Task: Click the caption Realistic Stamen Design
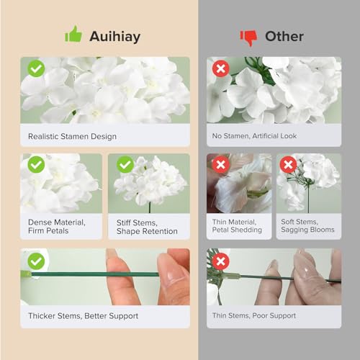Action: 72,135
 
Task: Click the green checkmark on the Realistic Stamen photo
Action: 35,69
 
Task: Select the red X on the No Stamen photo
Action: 220,69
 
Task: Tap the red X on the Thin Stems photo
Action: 220,261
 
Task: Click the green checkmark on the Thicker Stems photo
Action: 35,261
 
